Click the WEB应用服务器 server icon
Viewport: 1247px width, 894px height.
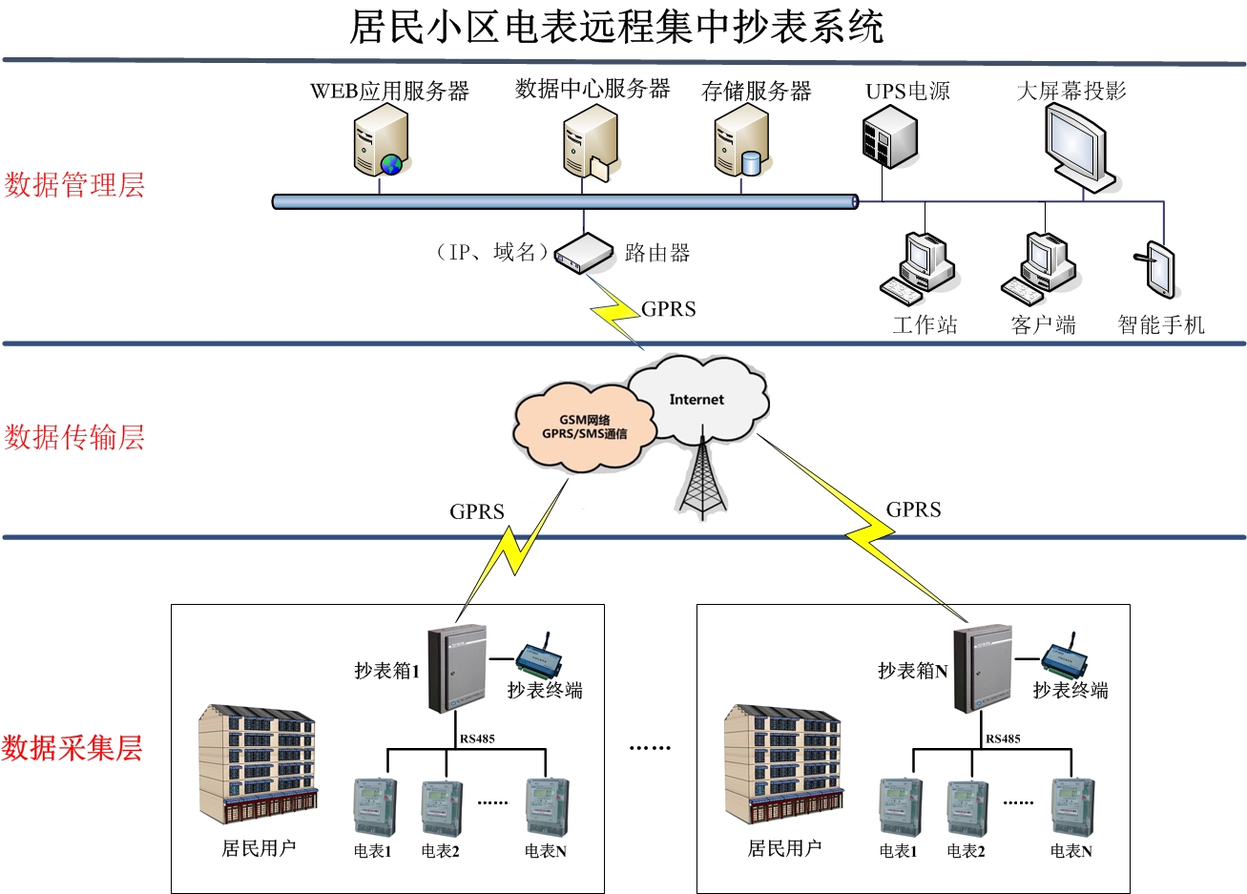pyautogui.click(x=381, y=141)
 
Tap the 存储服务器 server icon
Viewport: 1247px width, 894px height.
pyautogui.click(x=740, y=141)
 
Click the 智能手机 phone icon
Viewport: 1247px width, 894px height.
pyautogui.click(x=1158, y=270)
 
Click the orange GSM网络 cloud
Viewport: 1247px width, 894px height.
pyautogui.click(x=584, y=426)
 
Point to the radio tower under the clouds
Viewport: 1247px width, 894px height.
pyautogui.click(x=702, y=477)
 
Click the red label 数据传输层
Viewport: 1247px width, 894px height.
pyautogui.click(x=74, y=437)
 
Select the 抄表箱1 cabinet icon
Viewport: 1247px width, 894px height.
pyautogui.click(x=457, y=669)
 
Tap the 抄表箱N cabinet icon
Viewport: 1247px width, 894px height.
pyautogui.click(x=983, y=669)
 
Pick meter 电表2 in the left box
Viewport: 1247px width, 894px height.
pyautogui.click(x=442, y=808)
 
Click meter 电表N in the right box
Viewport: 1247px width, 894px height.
pyautogui.click(x=1072, y=808)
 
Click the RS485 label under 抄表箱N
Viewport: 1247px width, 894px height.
pyautogui.click(x=1003, y=738)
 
